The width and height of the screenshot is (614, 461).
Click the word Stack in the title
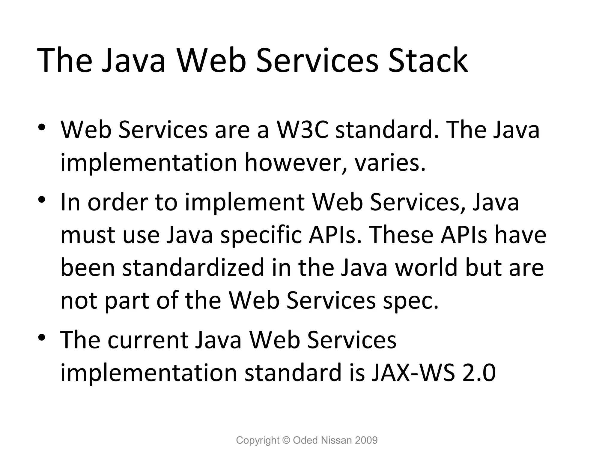click(x=428, y=60)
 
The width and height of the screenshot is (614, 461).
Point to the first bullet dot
click(x=41, y=126)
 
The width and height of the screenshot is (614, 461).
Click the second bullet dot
click(x=41, y=199)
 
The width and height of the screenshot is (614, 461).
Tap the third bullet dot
click(x=41, y=336)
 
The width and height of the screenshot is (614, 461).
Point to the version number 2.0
click(x=479, y=373)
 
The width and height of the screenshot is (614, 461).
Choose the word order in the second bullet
click(x=117, y=203)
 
